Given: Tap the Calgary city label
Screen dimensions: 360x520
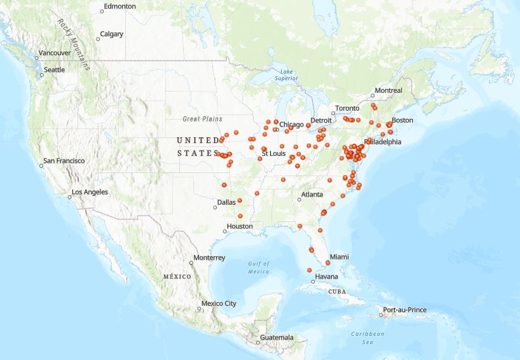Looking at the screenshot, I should [x=112, y=34].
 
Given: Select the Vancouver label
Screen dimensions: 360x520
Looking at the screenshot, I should [x=55, y=53].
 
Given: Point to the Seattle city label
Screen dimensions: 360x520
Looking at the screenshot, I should [x=54, y=69].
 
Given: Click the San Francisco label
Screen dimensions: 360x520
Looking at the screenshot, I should [x=64, y=161].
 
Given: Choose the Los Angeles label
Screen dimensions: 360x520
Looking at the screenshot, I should [x=90, y=192].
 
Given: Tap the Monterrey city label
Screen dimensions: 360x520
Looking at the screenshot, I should [x=209, y=258].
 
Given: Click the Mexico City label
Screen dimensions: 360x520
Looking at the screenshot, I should [x=218, y=303].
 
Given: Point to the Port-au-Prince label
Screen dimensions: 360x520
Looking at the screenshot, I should [x=404, y=310].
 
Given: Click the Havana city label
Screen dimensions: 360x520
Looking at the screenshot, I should [x=327, y=277].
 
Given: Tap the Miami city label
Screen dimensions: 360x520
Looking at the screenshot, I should [x=339, y=256].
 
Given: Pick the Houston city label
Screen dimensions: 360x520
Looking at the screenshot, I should [x=240, y=226].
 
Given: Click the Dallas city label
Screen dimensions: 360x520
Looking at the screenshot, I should [x=226, y=202].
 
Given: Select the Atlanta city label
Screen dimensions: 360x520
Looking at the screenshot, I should [x=311, y=195].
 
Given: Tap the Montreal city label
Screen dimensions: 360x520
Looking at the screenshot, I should [x=388, y=91].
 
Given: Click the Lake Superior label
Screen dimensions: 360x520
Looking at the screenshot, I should [x=286, y=74].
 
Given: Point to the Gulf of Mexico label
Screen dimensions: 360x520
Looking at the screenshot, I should [x=259, y=267].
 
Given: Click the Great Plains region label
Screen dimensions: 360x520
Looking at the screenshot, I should [x=202, y=119].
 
